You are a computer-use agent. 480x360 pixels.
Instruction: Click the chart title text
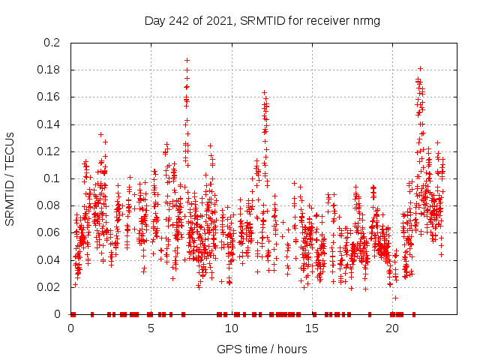click(262, 21)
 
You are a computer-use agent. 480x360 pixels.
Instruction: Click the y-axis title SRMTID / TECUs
click(10, 178)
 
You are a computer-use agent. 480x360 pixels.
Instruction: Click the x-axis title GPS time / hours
click(262, 349)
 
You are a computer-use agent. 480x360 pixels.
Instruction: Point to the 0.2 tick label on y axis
click(51, 43)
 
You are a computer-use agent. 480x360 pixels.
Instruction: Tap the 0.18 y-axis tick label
click(48, 70)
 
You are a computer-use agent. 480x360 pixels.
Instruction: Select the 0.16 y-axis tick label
click(48, 97)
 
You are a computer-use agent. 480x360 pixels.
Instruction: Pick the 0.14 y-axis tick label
click(48, 124)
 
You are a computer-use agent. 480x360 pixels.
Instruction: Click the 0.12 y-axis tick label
click(48, 151)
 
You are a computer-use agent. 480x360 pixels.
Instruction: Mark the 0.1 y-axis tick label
click(51, 178)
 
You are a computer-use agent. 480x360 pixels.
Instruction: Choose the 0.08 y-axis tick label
click(48, 205)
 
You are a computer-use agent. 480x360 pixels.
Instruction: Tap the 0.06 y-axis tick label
click(48, 232)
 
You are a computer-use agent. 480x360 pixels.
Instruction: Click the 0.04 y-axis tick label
click(48, 260)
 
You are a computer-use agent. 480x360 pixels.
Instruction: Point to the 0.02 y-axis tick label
click(48, 287)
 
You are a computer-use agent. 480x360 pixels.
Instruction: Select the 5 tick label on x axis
click(151, 328)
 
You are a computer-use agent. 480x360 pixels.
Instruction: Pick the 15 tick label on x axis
click(311, 328)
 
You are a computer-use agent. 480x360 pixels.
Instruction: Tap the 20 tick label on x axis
click(391, 328)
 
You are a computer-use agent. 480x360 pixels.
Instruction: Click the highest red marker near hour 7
click(187, 60)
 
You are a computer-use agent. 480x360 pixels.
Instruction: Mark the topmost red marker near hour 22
click(421, 68)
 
